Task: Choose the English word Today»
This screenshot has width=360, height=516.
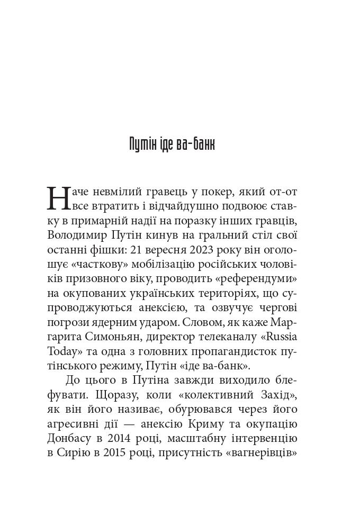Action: click(64, 351)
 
